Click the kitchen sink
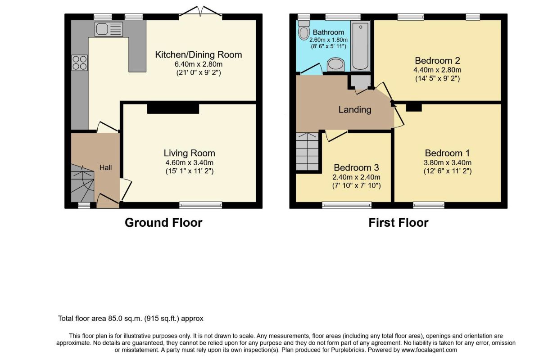(x=108, y=29)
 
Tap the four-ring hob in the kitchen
(x=80, y=63)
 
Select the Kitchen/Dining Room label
(x=198, y=54)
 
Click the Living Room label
(x=190, y=153)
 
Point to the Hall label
(x=105, y=168)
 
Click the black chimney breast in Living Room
(x=173, y=108)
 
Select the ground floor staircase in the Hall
(x=82, y=183)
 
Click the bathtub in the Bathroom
(x=360, y=45)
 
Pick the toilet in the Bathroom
(x=303, y=31)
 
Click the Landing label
(x=355, y=110)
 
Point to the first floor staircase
(x=307, y=152)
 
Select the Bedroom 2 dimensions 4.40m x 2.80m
(x=437, y=70)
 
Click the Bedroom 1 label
(x=447, y=153)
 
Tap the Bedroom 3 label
(x=356, y=168)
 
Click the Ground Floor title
(x=163, y=223)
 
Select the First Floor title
(x=399, y=223)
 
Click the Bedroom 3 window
(x=347, y=205)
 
